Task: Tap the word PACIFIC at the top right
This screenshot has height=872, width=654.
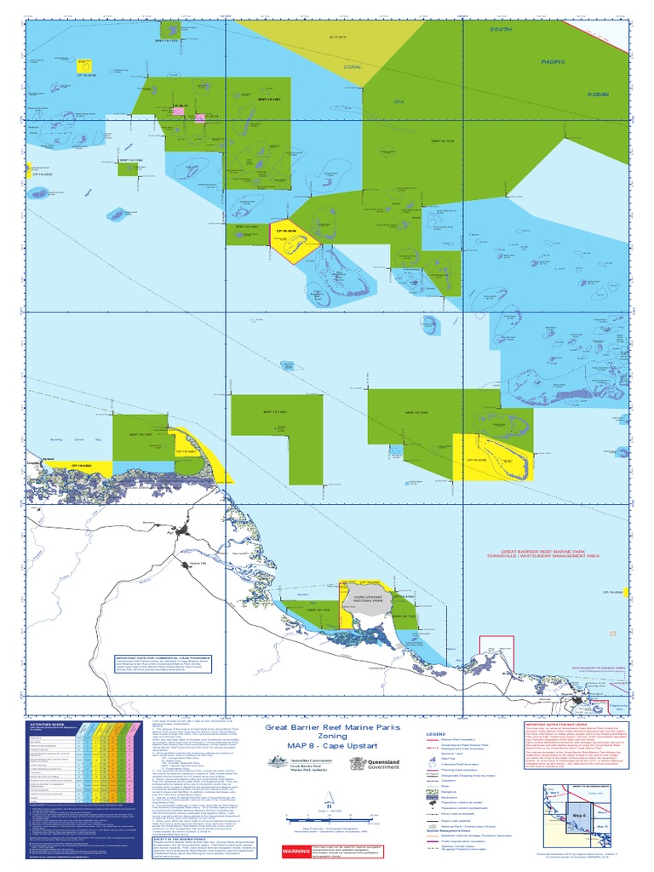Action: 554,61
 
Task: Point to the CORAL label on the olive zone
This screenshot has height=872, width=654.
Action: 353,66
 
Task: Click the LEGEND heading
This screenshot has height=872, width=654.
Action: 436,733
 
